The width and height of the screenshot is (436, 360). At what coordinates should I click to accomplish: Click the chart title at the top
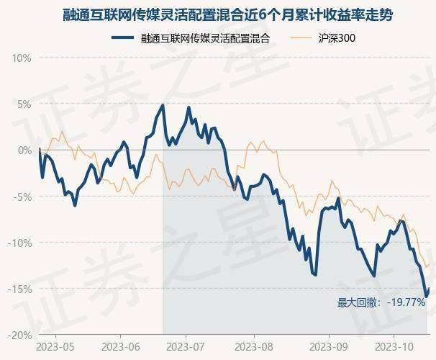tap(217, 15)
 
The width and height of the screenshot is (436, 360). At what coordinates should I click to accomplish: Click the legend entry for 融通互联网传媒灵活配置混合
tap(205, 38)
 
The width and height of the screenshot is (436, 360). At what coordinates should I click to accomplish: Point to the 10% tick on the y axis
tap(22, 58)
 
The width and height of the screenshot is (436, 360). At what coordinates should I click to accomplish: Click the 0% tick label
tap(24, 150)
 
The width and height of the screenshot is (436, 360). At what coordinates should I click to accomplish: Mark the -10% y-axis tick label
tap(21, 243)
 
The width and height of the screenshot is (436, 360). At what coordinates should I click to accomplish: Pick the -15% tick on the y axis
tap(21, 289)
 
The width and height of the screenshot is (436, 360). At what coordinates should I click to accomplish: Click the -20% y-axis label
tap(21, 335)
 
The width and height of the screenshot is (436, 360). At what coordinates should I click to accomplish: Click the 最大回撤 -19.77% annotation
tap(381, 303)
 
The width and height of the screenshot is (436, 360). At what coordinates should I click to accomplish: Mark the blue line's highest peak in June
tap(163, 105)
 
